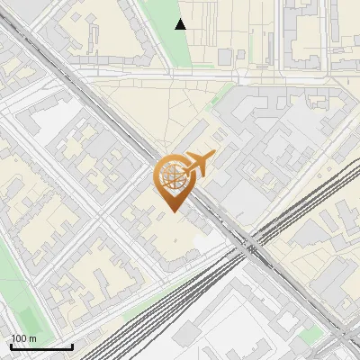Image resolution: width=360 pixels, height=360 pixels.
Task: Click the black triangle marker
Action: pyautogui.click(x=181, y=24)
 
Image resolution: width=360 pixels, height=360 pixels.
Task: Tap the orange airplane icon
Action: pyautogui.click(x=200, y=164)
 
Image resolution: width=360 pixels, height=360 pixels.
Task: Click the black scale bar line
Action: pyautogui.click(x=41, y=346)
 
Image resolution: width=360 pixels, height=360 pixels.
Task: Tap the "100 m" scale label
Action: pyautogui.click(x=23, y=338)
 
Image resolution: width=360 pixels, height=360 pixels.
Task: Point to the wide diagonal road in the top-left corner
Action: pyautogui.click(x=27, y=36)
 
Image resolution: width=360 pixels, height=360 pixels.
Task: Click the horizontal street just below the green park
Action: pyautogui.click(x=207, y=75)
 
